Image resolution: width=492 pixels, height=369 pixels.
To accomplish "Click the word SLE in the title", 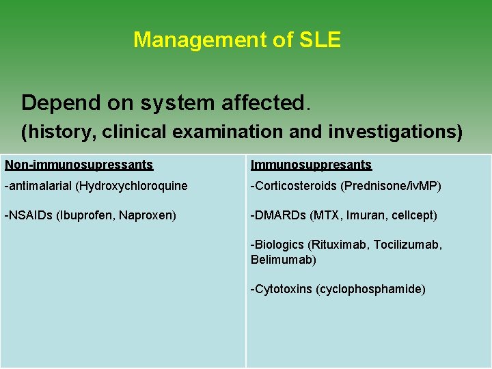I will (x=320, y=40).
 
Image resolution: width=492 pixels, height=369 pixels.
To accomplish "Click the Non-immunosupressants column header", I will (x=79, y=165).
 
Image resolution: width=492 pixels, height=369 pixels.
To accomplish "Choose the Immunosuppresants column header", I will (x=311, y=165).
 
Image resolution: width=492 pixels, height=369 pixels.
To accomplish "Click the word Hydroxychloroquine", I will (x=131, y=186).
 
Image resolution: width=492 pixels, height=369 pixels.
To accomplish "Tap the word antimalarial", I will (x=40, y=186).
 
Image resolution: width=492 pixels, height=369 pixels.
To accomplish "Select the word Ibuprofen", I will (x=87, y=215).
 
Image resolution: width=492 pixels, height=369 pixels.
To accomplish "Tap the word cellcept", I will (x=411, y=215).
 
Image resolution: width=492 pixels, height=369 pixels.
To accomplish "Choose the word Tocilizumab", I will (x=407, y=245).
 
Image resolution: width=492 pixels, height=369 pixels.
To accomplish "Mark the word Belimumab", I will (x=282, y=260).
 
